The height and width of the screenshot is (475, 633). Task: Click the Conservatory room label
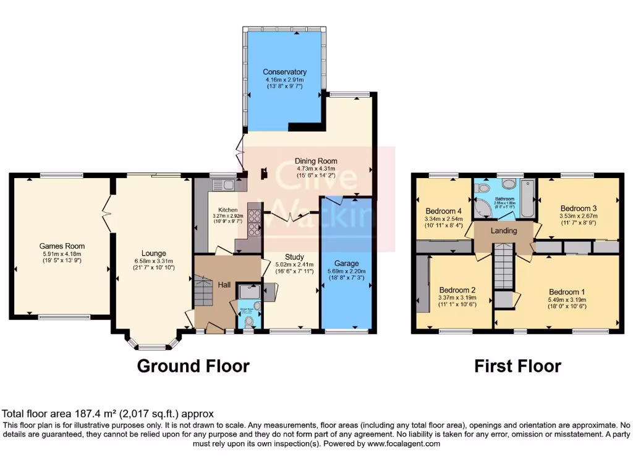point(284,72)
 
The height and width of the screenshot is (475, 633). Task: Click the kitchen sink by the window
point(221,184)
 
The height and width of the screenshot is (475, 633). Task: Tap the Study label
point(295,257)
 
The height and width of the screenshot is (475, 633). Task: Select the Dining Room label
point(315,161)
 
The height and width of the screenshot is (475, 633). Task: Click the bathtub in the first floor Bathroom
point(527,199)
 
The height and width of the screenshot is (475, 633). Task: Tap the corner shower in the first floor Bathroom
point(483,208)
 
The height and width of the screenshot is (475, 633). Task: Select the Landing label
point(504,231)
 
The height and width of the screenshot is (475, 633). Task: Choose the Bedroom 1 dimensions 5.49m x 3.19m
point(567,301)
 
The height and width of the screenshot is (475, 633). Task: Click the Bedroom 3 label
point(578,208)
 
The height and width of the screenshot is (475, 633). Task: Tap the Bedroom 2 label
point(457,289)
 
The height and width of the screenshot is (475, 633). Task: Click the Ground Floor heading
point(193,366)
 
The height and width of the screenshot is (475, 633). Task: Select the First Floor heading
point(517,366)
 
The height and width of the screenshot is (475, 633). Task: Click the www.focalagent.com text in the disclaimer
point(403,444)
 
